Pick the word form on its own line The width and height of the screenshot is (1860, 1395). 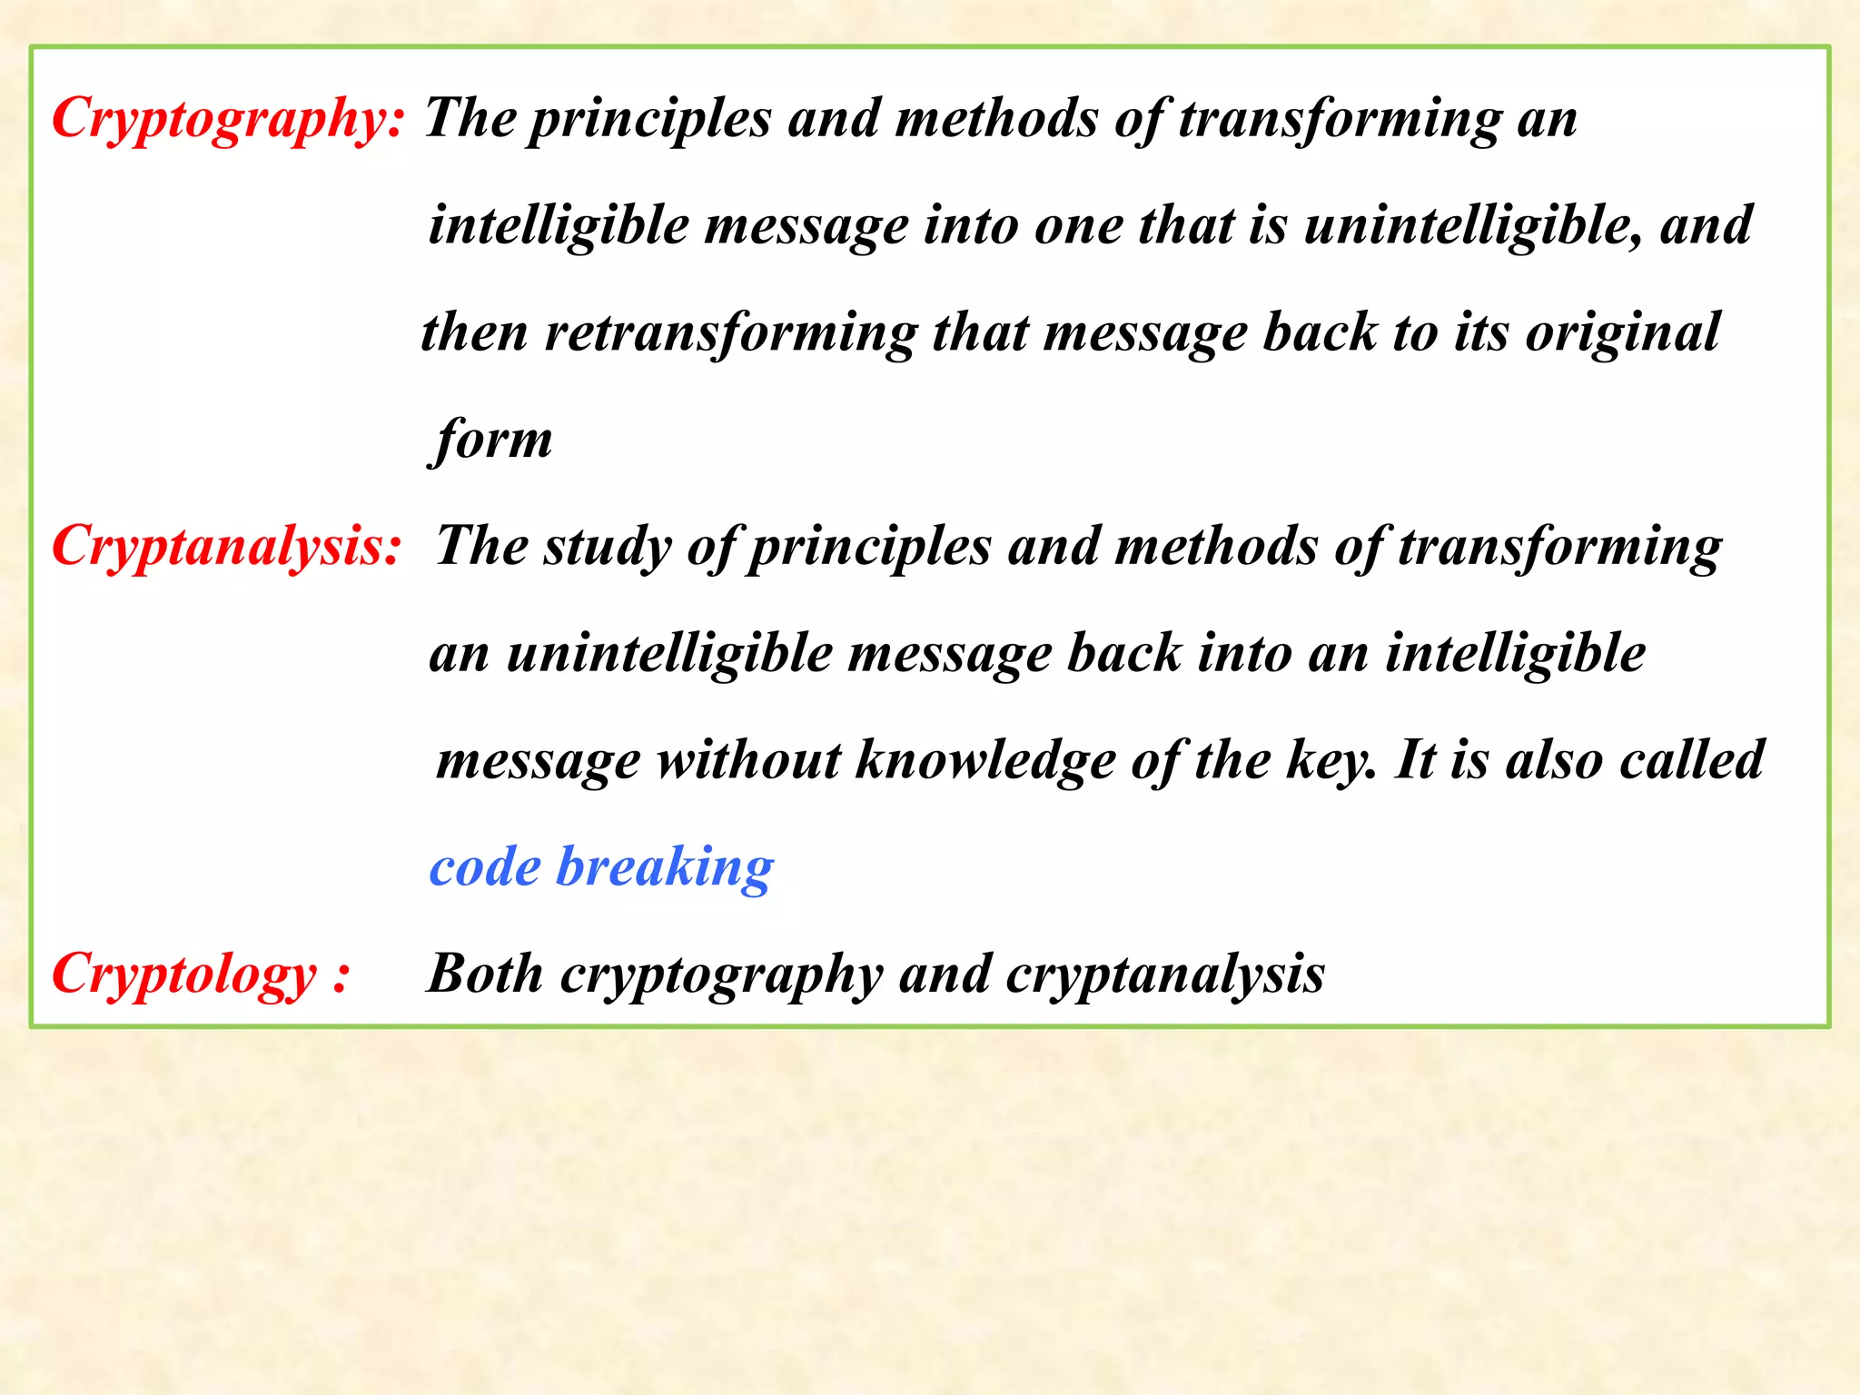[491, 440]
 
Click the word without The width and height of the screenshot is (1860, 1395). [749, 761]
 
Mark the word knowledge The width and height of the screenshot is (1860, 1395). [985, 761]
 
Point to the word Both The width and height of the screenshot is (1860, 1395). [485, 975]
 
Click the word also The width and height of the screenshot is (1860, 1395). [1554, 761]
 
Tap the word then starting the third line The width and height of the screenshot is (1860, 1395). [474, 332]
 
